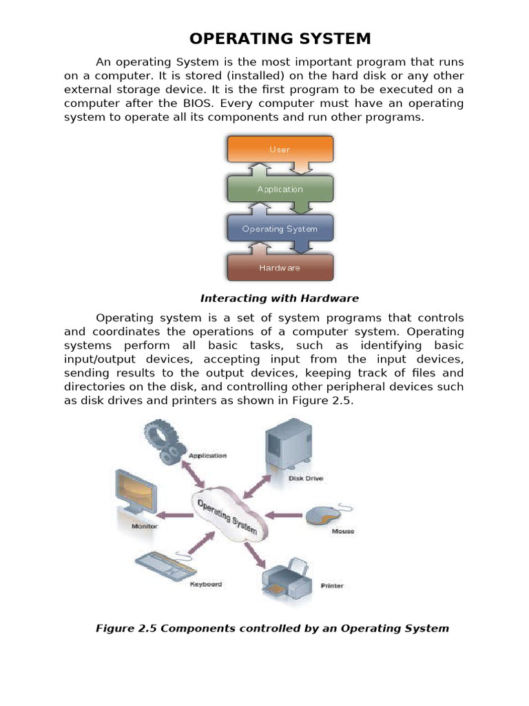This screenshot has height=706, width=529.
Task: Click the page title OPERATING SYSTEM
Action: pyautogui.click(x=280, y=38)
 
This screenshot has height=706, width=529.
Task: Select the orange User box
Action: pyautogui.click(x=280, y=149)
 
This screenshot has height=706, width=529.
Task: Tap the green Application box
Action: pyautogui.click(x=280, y=189)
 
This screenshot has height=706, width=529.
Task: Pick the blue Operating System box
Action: pyautogui.click(x=280, y=229)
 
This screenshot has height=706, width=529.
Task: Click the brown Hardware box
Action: pyautogui.click(x=280, y=268)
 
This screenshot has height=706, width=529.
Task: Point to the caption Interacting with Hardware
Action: pyautogui.click(x=280, y=299)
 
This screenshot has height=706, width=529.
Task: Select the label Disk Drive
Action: pyautogui.click(x=306, y=478)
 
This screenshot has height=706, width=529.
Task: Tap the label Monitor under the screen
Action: pyautogui.click(x=144, y=526)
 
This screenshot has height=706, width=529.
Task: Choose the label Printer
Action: pyautogui.click(x=331, y=586)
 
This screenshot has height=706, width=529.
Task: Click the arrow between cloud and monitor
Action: pyautogui.click(x=176, y=515)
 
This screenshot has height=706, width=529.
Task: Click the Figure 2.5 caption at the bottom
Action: pyautogui.click(x=271, y=628)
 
